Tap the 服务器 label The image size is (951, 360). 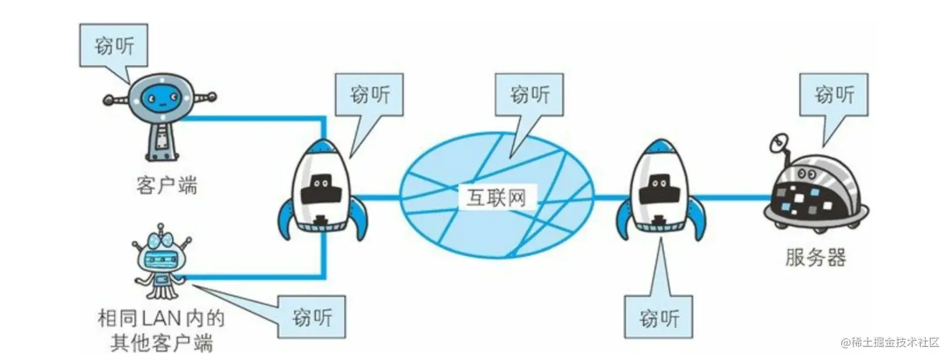(x=815, y=257)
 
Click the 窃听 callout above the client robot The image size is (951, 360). (x=113, y=46)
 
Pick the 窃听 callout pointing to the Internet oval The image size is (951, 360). (x=530, y=95)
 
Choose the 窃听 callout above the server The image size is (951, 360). (x=834, y=95)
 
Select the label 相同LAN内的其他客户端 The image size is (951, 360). (x=160, y=330)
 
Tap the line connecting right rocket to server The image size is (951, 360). (x=734, y=198)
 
